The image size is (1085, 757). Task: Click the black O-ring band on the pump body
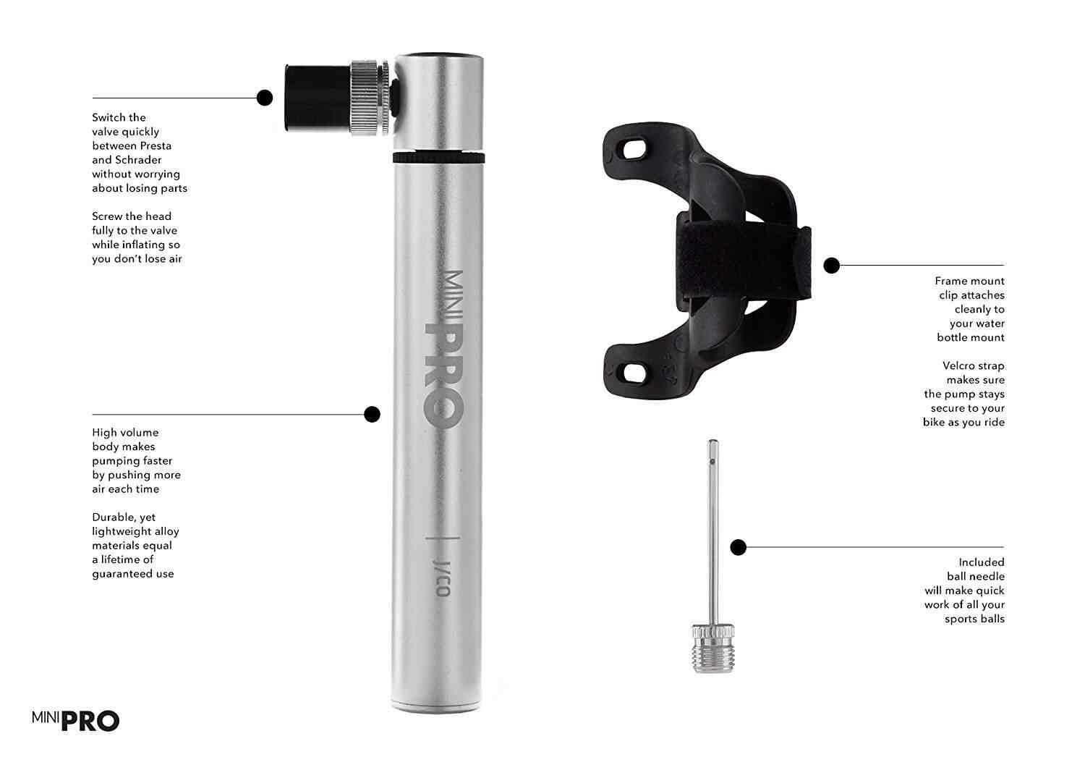(438, 157)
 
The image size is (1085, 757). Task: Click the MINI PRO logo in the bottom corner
(75, 720)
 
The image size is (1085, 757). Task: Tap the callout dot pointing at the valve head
(265, 98)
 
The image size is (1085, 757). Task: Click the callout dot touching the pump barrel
(372, 414)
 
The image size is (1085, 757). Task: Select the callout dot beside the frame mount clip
(832, 266)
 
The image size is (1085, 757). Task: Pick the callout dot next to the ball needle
(738, 547)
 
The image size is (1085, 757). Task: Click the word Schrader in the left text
(138, 160)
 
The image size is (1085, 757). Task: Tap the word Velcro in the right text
(961, 366)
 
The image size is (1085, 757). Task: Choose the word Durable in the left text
(113, 517)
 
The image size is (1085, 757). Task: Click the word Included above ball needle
(982, 562)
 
